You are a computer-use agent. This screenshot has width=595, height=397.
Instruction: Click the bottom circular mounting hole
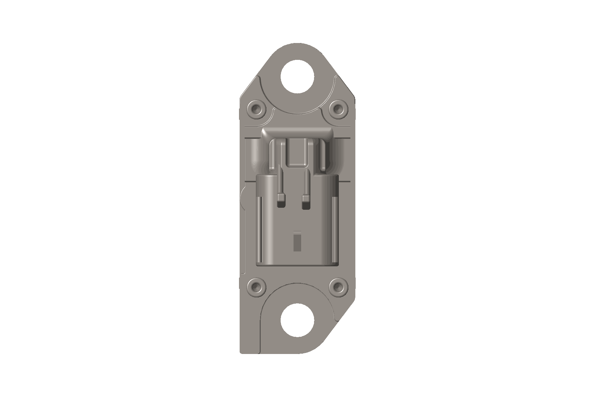tap(297, 320)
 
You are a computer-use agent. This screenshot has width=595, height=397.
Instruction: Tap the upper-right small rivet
tap(338, 108)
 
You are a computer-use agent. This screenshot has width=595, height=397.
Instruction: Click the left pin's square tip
tap(281, 198)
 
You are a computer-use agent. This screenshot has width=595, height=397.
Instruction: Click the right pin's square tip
tap(306, 198)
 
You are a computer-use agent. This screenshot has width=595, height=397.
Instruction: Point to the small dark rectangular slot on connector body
tap(297, 242)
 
